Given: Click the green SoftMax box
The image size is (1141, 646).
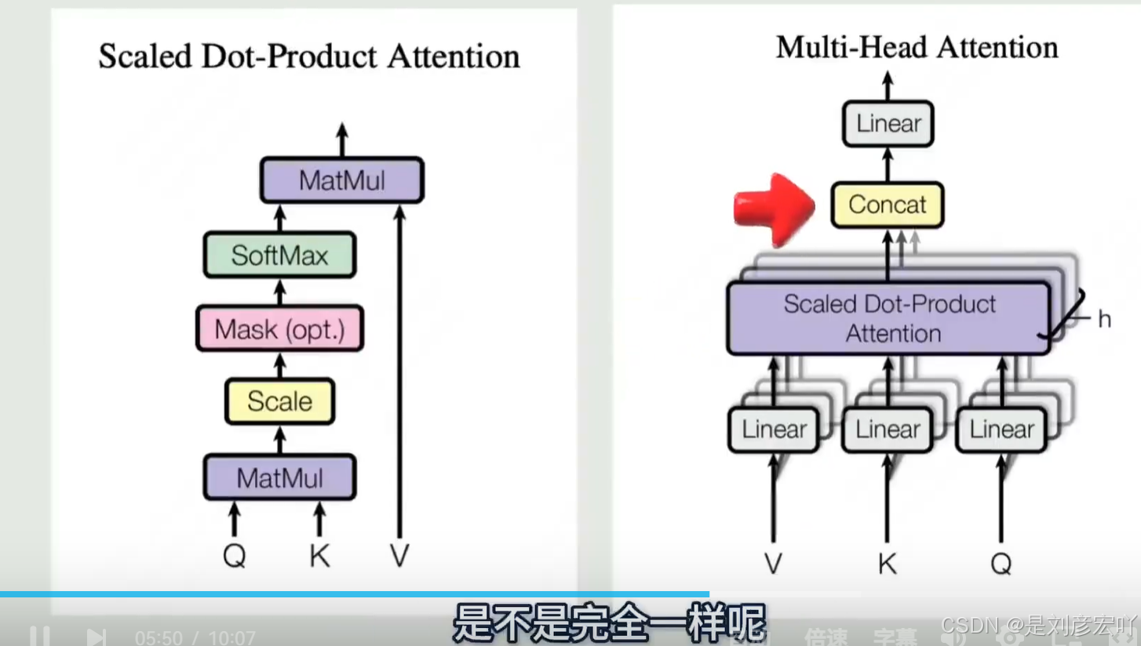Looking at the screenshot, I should point(279,255).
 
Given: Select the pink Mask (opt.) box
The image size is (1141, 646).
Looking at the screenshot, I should point(279,329).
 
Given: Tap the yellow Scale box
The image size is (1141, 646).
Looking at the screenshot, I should point(279,401).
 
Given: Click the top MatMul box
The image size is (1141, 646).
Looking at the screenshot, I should point(342,181).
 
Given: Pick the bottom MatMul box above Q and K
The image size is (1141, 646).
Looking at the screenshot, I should point(279,477).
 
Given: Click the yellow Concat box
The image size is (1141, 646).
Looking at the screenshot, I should point(887,205).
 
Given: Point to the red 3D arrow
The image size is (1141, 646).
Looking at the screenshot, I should point(772,208).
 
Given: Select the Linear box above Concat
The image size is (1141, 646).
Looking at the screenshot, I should point(888,124).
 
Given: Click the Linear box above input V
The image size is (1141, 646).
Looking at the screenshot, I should point(774,430).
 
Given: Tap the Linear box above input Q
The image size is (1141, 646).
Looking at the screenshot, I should point(1001,430).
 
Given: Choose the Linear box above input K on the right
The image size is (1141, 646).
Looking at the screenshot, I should point(888,430).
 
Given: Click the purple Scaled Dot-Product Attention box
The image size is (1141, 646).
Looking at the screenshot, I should point(888,318).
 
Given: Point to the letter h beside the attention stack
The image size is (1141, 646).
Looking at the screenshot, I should point(1104,319).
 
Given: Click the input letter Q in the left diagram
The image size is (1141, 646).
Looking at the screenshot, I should point(234,555).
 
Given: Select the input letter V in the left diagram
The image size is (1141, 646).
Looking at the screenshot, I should point(399,555).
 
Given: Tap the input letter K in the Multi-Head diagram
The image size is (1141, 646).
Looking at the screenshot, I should point(888,562).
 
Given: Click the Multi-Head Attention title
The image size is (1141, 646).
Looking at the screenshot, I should point(917,48).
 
